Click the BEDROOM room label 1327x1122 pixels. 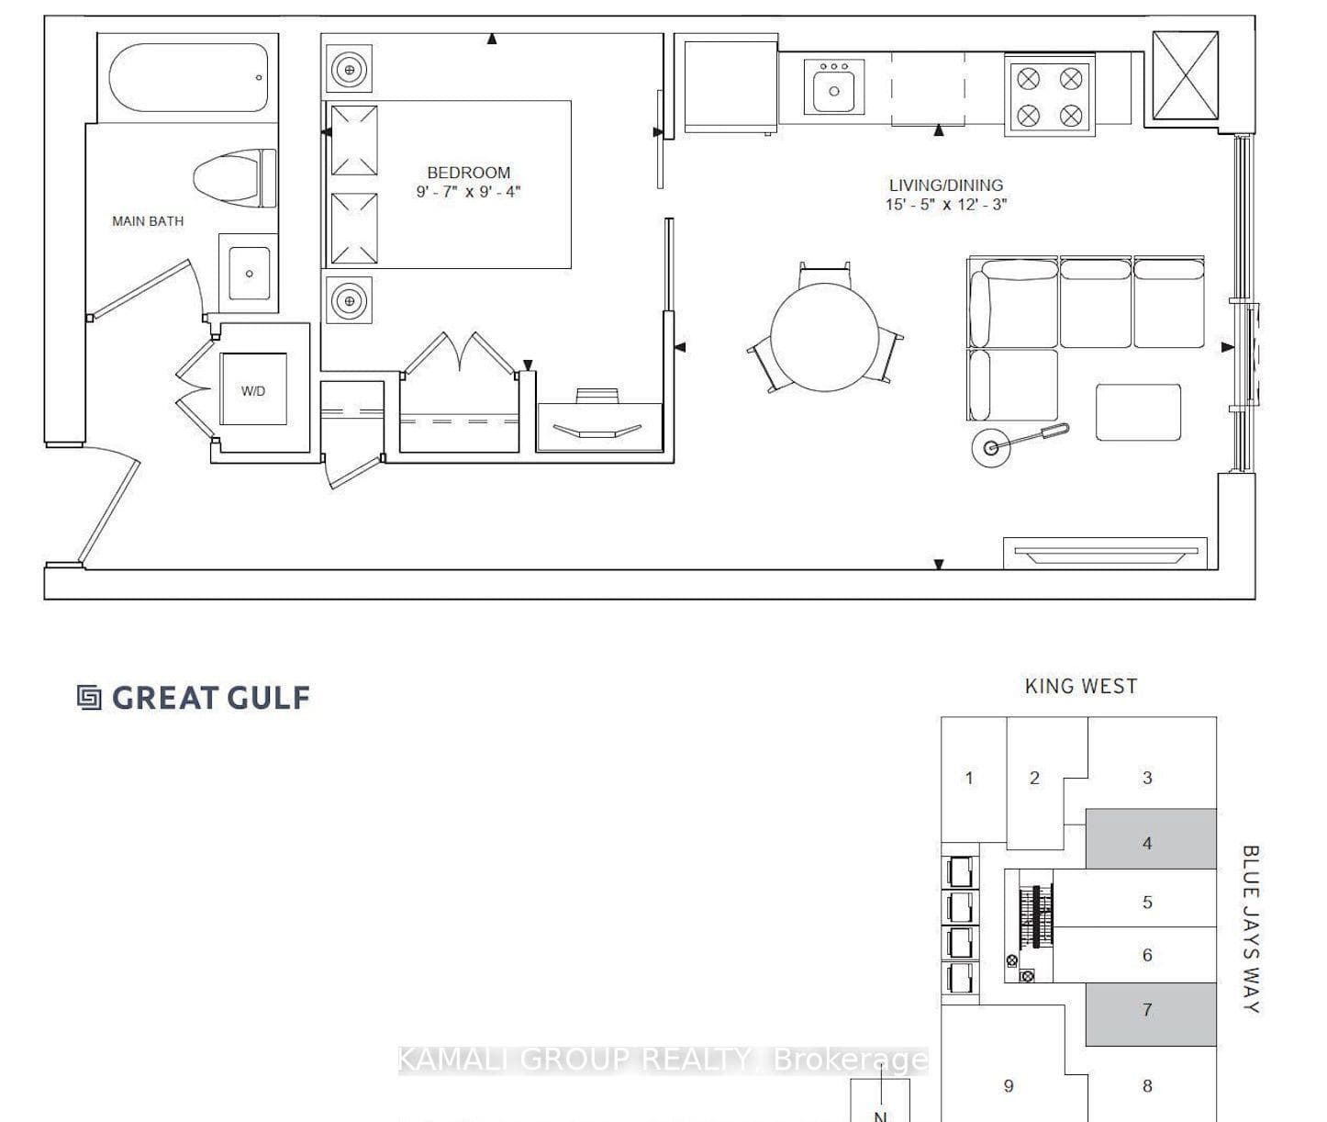coord(468,173)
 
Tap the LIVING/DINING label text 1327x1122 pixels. coord(945,185)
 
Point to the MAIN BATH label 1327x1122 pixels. coord(148,221)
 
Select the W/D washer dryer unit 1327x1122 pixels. coord(253,389)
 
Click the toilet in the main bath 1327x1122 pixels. coord(235,178)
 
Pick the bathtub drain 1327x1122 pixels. coord(259,78)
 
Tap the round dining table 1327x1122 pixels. coord(824,337)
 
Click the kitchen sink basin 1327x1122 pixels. coord(834,91)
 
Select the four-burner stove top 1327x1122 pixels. coord(1049,96)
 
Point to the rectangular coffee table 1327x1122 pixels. coord(1138,412)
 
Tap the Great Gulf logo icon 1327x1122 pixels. coord(89,697)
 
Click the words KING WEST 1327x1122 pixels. coord(1081,686)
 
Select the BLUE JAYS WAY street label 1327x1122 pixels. coord(1250,928)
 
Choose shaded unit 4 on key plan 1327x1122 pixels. coord(1150,839)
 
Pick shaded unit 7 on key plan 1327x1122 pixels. coord(1150,1014)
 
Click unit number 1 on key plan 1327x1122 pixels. coord(969,778)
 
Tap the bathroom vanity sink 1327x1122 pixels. coord(249,273)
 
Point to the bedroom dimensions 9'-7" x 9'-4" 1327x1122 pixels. coord(468,192)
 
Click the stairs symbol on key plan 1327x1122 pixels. coord(1036,915)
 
